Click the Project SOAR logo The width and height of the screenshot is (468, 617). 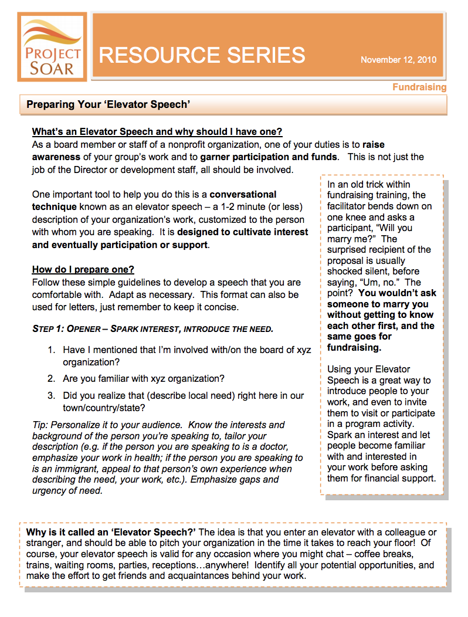[x=52, y=47]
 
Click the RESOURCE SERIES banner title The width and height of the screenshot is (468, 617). [x=202, y=55]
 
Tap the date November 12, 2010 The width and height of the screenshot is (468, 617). [x=398, y=60]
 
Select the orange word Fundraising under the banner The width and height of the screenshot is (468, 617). [x=419, y=87]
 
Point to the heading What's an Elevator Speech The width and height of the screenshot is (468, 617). [x=157, y=131]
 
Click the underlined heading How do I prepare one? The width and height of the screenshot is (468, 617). [x=83, y=269]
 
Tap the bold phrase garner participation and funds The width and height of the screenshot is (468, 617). [x=269, y=157]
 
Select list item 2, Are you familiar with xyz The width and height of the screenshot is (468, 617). [x=144, y=378]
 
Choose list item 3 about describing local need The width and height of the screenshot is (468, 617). [x=183, y=401]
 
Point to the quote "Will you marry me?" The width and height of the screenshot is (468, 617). [x=369, y=233]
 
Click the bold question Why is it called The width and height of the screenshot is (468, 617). [x=111, y=532]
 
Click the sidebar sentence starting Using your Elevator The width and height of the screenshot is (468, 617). [x=368, y=369]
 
